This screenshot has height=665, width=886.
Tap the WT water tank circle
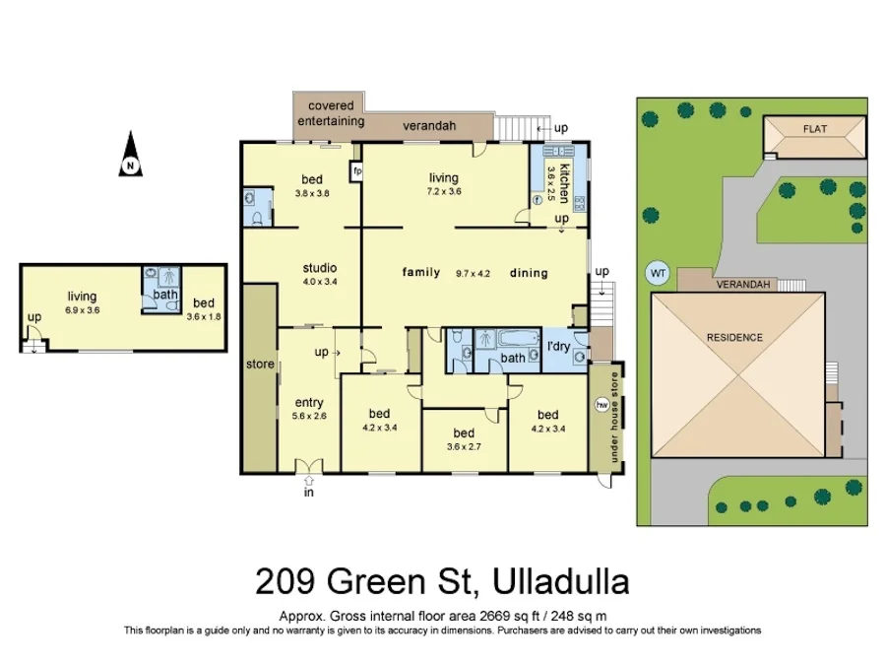(656, 273)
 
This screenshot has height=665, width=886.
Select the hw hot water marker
(601, 405)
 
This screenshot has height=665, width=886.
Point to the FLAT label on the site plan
(814, 129)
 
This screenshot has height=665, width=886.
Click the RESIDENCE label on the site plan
(734, 338)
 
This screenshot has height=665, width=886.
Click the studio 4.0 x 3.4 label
(320, 274)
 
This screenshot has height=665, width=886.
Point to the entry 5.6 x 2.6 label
(309, 409)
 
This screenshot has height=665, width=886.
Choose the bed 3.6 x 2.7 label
(464, 439)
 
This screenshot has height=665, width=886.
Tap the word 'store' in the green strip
(260, 365)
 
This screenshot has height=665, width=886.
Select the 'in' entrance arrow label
(308, 493)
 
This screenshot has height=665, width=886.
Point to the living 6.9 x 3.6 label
(83, 301)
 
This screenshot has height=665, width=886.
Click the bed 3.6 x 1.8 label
(203, 309)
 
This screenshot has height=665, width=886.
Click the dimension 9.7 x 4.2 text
(473, 273)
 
